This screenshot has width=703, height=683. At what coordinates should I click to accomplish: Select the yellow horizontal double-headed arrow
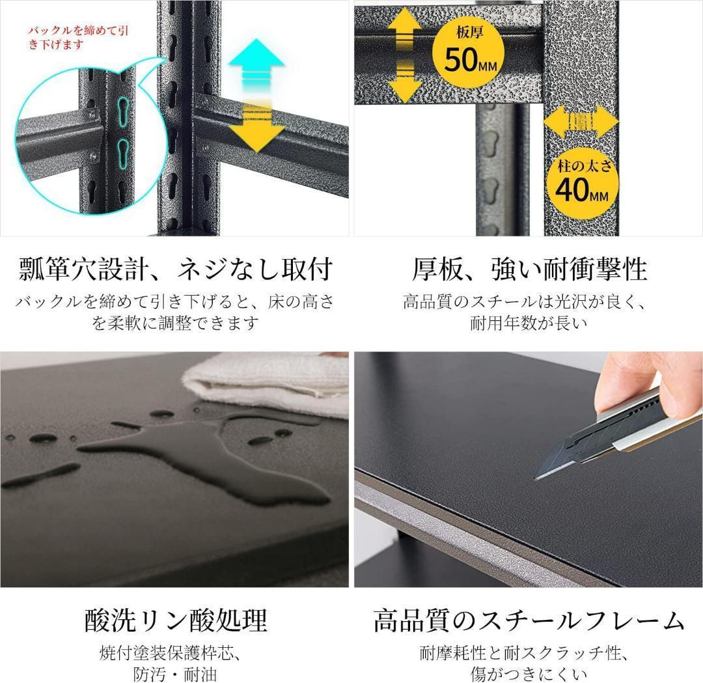point(580,122)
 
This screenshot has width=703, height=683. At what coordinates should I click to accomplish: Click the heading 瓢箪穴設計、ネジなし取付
point(175,268)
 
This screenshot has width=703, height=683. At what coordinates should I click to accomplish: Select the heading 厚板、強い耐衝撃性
point(529,268)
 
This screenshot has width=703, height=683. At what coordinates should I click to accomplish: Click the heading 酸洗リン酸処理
point(175,620)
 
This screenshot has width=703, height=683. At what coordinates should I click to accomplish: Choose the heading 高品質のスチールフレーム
point(529,620)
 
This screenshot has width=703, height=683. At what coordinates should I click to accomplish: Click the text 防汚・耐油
point(175,673)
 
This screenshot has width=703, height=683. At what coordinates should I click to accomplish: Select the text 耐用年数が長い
point(529,322)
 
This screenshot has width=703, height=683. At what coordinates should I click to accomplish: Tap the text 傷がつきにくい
point(529,673)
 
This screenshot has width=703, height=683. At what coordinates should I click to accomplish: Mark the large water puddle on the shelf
point(215,462)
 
